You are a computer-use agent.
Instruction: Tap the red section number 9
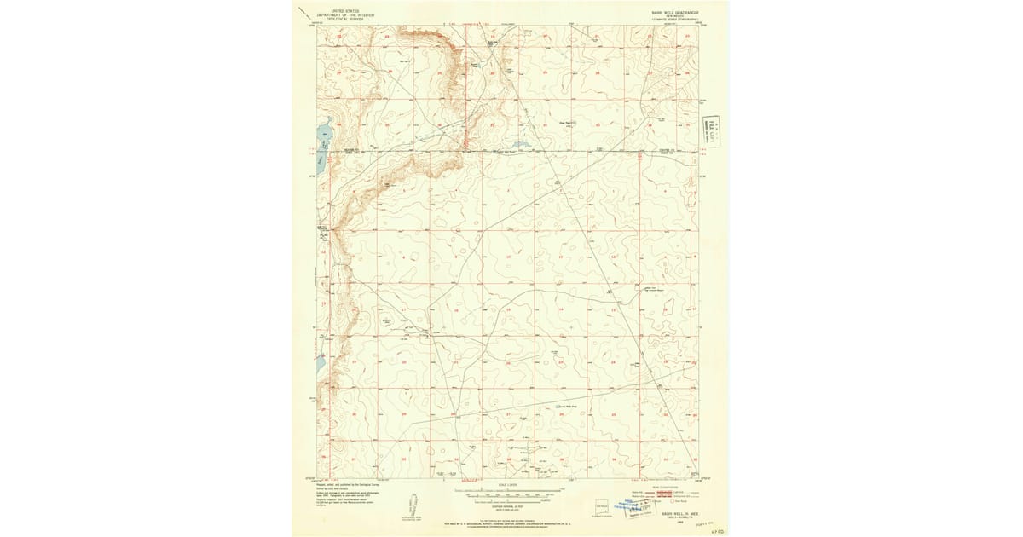(454, 257)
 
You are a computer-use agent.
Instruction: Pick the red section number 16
(456, 309)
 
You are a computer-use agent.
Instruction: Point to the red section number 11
(560, 257)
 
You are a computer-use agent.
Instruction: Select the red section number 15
(508, 309)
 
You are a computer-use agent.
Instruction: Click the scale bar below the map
(509, 494)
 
